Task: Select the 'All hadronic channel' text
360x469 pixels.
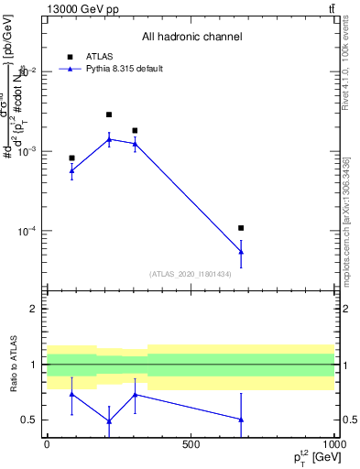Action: pyautogui.click(x=191, y=38)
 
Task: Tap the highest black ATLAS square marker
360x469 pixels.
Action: pyautogui.click(x=109, y=115)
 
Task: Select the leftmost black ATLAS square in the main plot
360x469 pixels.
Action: pyautogui.click(x=71, y=158)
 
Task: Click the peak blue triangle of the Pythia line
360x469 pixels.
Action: pyautogui.click(x=109, y=139)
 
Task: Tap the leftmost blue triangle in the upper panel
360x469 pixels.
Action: pyautogui.click(x=71, y=169)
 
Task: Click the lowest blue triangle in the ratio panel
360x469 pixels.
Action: pyautogui.click(x=109, y=421)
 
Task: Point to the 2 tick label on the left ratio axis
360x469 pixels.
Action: pyautogui.click(x=34, y=309)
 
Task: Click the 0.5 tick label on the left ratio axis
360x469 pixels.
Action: pyautogui.click(x=29, y=420)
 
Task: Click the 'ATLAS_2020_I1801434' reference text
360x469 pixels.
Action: pyautogui.click(x=191, y=274)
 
